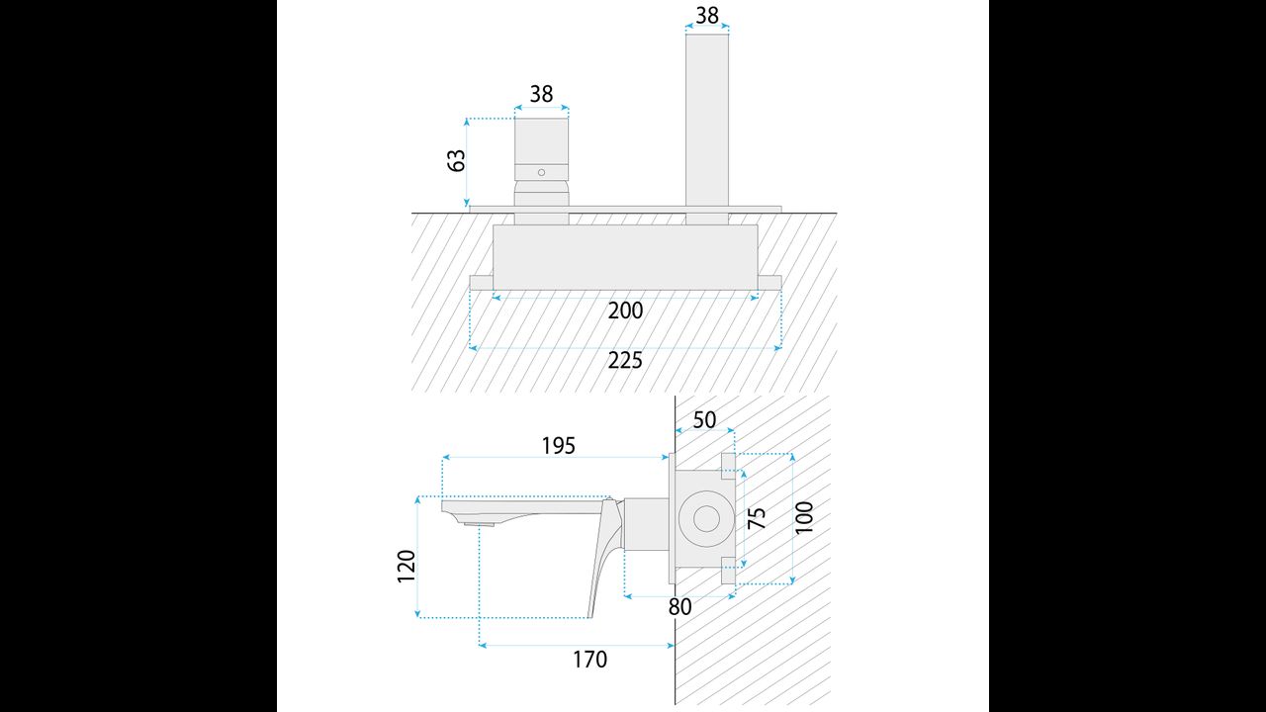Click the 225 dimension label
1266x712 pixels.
(x=625, y=360)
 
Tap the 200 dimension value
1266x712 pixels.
(x=625, y=311)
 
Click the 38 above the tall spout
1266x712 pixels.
(x=707, y=15)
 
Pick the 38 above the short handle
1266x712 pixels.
(x=541, y=94)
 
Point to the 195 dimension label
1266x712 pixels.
(x=558, y=445)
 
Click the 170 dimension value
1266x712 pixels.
(x=589, y=659)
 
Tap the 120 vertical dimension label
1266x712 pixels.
(x=407, y=566)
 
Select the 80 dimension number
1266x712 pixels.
(x=679, y=607)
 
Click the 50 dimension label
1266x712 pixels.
(x=704, y=420)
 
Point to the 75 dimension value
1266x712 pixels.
(x=757, y=518)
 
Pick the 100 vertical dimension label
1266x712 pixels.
(x=804, y=518)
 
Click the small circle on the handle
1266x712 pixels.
(x=541, y=173)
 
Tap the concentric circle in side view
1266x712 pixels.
(x=706, y=518)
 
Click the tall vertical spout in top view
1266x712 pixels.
(x=707, y=119)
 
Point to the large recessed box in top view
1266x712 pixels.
(x=625, y=255)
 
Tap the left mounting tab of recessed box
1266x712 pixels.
(x=481, y=282)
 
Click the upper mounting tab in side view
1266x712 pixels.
(x=729, y=461)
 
